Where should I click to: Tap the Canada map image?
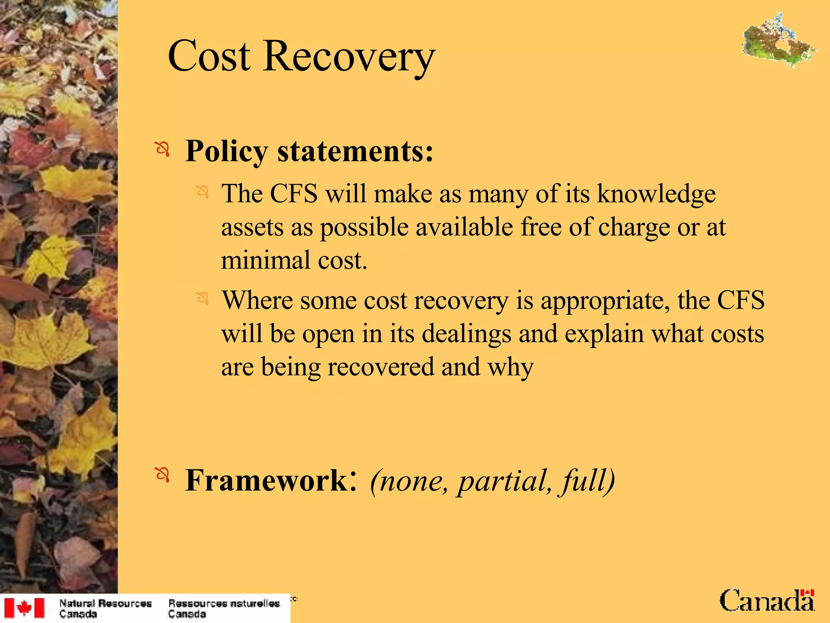[x=779, y=41]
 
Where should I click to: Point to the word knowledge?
[x=656, y=194]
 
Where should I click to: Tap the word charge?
[x=634, y=228]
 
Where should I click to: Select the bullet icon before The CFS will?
[x=202, y=191]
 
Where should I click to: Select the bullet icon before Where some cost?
[x=202, y=299]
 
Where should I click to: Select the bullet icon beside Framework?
[x=163, y=475]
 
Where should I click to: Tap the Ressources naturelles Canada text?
[x=224, y=608]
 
